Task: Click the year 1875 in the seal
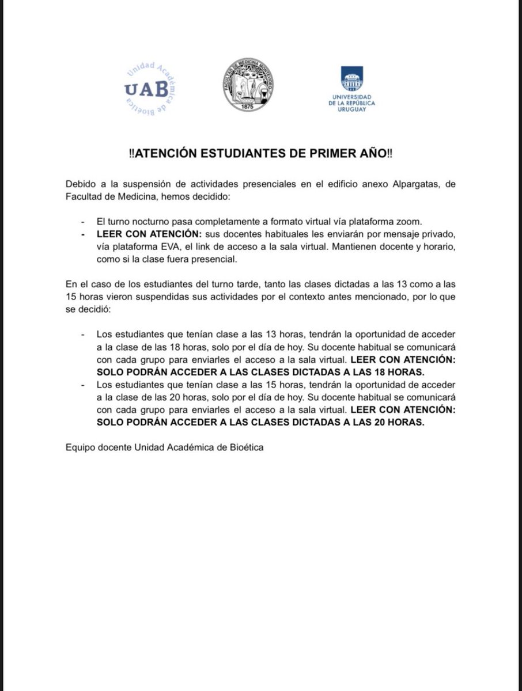pyautogui.click(x=248, y=107)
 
